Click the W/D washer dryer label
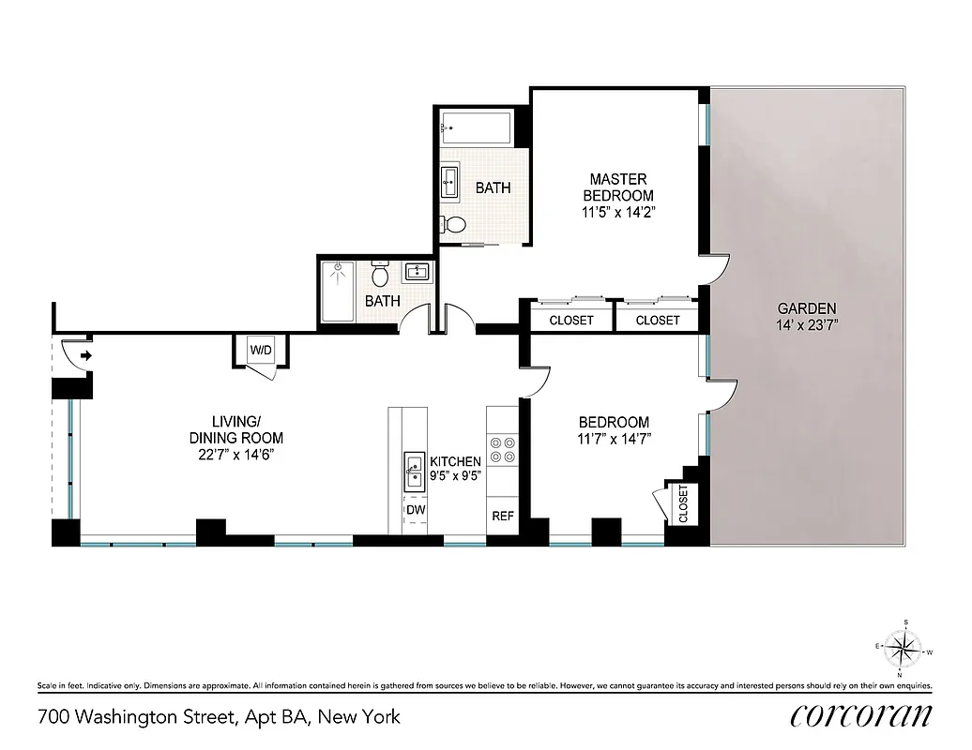(x=260, y=351)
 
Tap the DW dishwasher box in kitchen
(x=415, y=510)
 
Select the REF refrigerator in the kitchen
(x=502, y=516)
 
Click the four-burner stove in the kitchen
(x=502, y=450)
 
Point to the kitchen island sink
(x=414, y=471)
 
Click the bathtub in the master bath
(x=476, y=126)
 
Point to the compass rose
(x=904, y=648)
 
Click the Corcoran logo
(x=861, y=716)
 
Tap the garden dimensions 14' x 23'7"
(x=806, y=325)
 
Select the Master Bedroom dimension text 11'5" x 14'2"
(x=617, y=212)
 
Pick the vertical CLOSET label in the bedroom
(x=682, y=503)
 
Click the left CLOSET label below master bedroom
(x=570, y=320)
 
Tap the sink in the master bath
(x=450, y=181)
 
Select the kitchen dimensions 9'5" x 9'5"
(x=455, y=476)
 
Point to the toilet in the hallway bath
(x=380, y=275)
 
